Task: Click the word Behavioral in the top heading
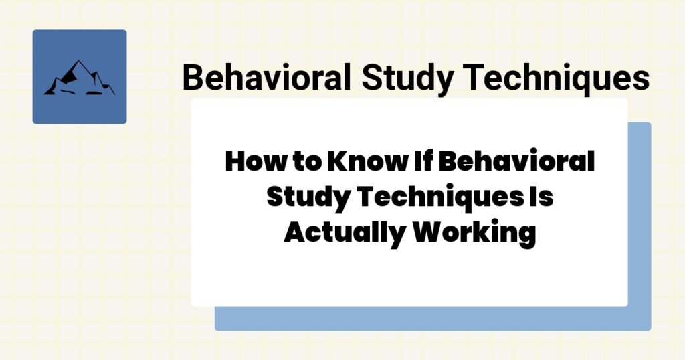tap(266, 78)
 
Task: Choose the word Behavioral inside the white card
tap(509, 162)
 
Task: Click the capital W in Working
tap(426, 234)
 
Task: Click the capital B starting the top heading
tap(193, 78)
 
